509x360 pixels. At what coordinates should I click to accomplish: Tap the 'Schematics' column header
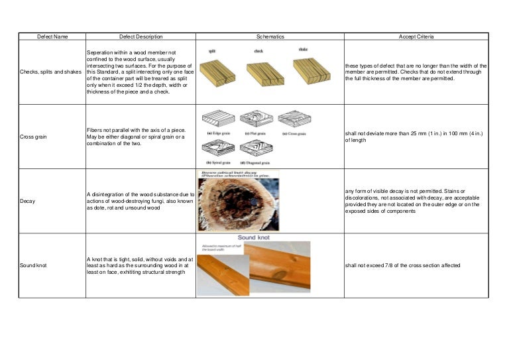[x=270, y=37]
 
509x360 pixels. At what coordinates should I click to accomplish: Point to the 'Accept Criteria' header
[x=416, y=37]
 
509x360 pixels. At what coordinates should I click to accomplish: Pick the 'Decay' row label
[x=28, y=200]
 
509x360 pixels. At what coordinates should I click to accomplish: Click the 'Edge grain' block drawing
[x=217, y=119]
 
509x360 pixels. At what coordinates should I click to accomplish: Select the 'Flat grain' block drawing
[x=256, y=119]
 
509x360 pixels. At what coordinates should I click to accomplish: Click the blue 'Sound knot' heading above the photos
[x=254, y=237]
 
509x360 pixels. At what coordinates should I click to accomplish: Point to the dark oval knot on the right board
[x=283, y=274]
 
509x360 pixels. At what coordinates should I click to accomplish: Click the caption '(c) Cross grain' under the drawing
[x=294, y=133]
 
